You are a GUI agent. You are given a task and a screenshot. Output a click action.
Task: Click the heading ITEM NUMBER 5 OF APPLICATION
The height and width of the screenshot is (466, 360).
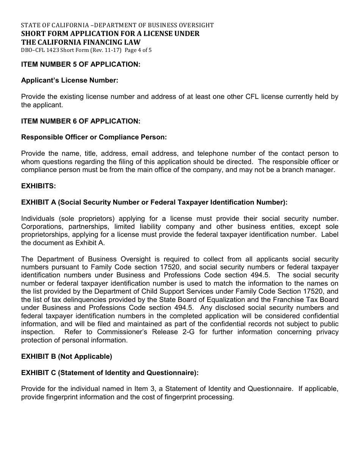(x=81, y=64)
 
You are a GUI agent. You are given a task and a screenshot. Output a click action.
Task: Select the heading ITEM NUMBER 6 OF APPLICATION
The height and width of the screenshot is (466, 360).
(x=81, y=121)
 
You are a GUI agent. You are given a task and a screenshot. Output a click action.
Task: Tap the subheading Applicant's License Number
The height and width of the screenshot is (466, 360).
(x=70, y=80)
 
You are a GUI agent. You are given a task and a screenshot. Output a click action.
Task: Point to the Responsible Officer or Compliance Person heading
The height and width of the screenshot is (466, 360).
(x=94, y=137)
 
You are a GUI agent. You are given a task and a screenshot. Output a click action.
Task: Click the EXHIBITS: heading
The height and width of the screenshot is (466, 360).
(x=39, y=186)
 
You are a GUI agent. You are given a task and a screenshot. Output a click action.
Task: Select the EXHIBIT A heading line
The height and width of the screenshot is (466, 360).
(x=154, y=202)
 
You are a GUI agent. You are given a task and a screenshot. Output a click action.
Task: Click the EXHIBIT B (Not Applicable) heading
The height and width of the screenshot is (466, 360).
(x=67, y=357)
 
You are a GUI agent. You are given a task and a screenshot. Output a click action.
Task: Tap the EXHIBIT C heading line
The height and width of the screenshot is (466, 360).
(x=110, y=373)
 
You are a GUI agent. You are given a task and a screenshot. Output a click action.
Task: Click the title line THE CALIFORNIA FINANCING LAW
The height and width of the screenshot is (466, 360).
(x=81, y=42)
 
